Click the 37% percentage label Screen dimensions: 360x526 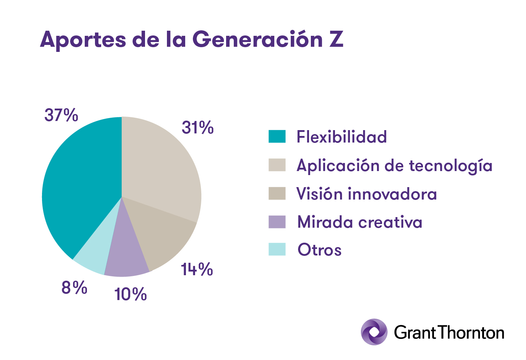click(61, 115)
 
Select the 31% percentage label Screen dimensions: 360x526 click(198, 128)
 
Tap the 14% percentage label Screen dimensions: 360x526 click(197, 269)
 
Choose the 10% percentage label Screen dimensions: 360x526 click(130, 294)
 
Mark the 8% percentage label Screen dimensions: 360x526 click(74, 288)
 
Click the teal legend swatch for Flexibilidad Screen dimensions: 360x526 click(277, 136)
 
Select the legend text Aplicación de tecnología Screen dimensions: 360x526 click(394, 166)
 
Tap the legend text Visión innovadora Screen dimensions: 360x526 click(367, 194)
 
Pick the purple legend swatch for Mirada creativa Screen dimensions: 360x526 click(277, 222)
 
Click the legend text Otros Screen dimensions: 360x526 click(320, 250)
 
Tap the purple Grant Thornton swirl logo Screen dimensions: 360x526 click(374, 332)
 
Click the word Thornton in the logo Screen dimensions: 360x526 click(471, 333)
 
